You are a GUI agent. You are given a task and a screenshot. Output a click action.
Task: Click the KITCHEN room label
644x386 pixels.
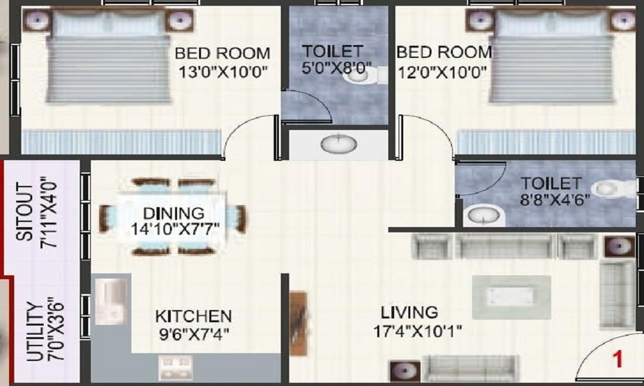(x=193, y=316)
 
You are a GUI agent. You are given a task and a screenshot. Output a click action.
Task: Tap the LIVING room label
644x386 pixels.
(x=409, y=313)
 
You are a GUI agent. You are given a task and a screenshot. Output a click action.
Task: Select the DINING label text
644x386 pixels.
(x=173, y=212)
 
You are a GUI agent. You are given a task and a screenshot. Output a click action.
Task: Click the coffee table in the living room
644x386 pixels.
(x=511, y=297)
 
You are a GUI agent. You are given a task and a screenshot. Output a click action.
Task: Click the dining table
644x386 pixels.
(x=174, y=216)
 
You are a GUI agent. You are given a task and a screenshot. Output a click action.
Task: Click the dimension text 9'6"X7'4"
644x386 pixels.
(x=193, y=334)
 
